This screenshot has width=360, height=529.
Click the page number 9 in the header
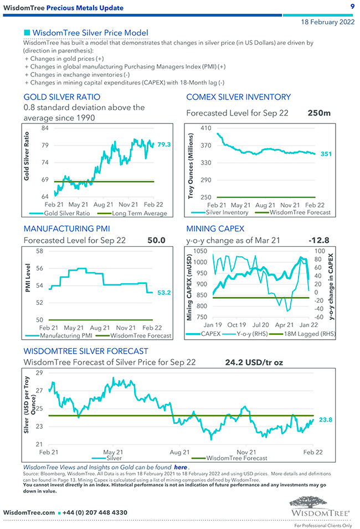pyautogui.click(x=352, y=6)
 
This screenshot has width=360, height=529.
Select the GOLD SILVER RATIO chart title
pyautogui.click(x=62, y=97)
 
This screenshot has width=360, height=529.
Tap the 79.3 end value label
pyautogui.click(x=164, y=144)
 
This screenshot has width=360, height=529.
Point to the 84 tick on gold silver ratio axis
pyautogui.click(x=45, y=128)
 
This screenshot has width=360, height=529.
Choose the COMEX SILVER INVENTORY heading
pyautogui.click(x=238, y=97)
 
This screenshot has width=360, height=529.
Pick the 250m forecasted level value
pyautogui.click(x=319, y=113)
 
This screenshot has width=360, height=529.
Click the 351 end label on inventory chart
pyautogui.click(x=326, y=154)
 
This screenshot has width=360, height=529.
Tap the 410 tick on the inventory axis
pyautogui.click(x=206, y=128)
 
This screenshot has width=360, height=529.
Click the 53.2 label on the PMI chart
pyautogui.click(x=164, y=292)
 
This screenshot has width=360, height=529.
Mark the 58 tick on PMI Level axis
pyautogui.click(x=39, y=251)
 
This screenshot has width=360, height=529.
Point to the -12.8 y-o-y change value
pyautogui.click(x=319, y=240)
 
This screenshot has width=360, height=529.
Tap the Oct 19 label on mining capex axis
pyautogui.click(x=236, y=325)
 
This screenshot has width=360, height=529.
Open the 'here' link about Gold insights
pyautogui.click(x=180, y=467)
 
